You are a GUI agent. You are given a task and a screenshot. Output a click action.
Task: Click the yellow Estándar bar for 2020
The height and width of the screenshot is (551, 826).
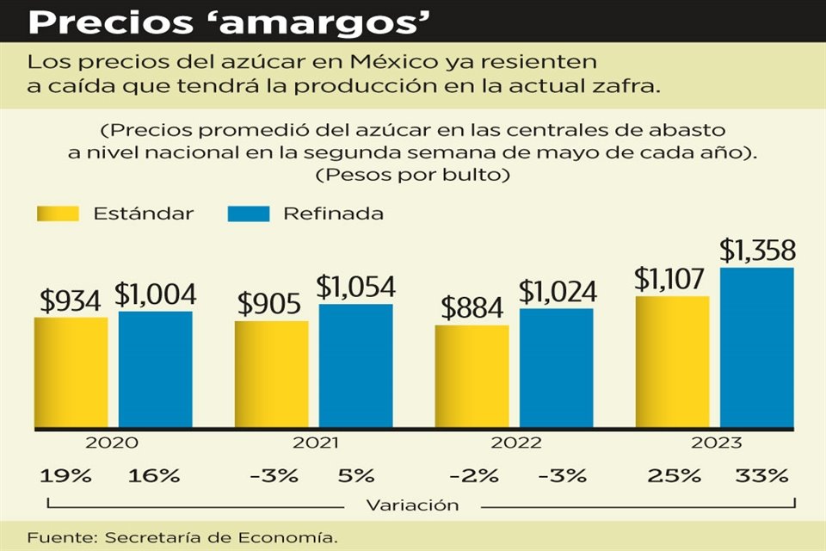71,372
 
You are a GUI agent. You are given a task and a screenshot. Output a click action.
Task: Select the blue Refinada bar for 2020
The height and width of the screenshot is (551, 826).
155,369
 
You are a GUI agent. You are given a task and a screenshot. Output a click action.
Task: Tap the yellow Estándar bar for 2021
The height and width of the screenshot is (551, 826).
271,375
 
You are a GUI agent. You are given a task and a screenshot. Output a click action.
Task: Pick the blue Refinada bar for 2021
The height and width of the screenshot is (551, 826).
355,366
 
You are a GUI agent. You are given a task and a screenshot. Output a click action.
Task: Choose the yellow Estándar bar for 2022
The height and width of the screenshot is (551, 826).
472,376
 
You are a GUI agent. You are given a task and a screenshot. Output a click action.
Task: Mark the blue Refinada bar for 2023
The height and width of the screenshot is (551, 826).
757,348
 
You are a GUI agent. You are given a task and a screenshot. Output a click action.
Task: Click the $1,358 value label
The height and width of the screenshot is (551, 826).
757,251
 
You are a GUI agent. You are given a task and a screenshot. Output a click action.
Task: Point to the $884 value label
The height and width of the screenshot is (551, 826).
472,308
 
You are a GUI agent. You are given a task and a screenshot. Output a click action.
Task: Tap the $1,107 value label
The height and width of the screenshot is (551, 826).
670,279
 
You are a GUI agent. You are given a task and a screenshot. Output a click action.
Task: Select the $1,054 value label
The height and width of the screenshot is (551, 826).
355,287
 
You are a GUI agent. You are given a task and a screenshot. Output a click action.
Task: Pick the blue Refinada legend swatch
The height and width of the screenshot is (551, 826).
249,214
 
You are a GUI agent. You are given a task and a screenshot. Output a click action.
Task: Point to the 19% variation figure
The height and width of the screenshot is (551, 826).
58,475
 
